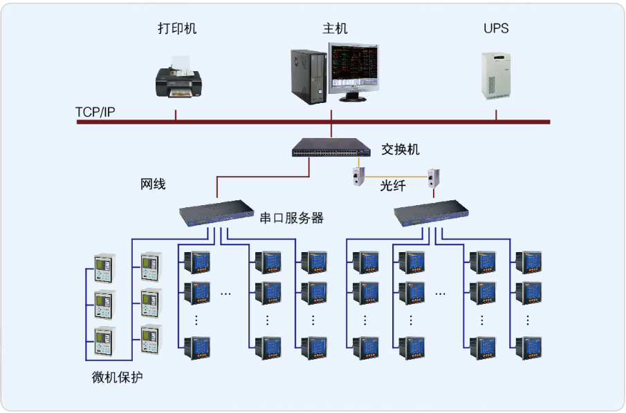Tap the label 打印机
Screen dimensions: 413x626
[x=177, y=28]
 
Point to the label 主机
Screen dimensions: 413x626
[x=335, y=28]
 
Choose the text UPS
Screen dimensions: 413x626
[x=496, y=28]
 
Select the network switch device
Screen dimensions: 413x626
[x=333, y=147]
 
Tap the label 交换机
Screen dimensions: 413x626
[x=401, y=149]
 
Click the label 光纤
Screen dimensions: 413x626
[x=393, y=186]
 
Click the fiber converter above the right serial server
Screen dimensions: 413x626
[x=434, y=177]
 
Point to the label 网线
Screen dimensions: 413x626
[x=153, y=184]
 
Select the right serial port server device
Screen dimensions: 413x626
[x=430, y=213]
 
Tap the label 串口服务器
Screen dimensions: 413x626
[x=291, y=218]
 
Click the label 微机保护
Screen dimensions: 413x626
[x=118, y=378]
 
